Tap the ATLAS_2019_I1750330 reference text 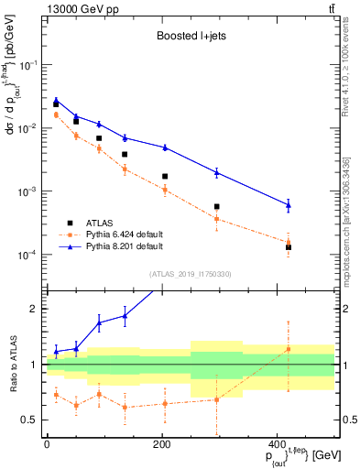point(191,273)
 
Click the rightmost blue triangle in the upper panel point(289,205)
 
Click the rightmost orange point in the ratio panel point(289,349)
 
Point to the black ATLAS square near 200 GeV point(165,176)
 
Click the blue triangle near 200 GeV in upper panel point(165,147)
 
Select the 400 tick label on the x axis point(277,444)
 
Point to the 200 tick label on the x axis point(161,444)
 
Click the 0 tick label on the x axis point(47,444)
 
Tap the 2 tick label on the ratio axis point(33,309)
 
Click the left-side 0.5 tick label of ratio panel point(29,420)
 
